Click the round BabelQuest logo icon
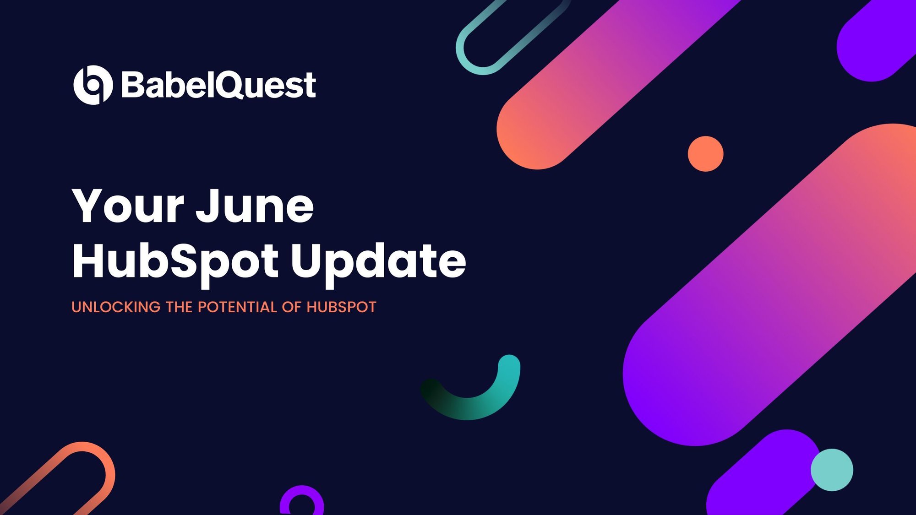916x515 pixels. point(93,85)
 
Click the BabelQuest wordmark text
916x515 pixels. point(219,85)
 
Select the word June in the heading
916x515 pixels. point(255,206)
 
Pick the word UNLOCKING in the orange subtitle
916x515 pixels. point(116,307)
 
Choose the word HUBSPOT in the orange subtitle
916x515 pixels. point(341,307)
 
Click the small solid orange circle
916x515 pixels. point(706,154)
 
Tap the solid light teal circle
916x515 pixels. point(832,470)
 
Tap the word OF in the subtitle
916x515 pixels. point(292,307)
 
